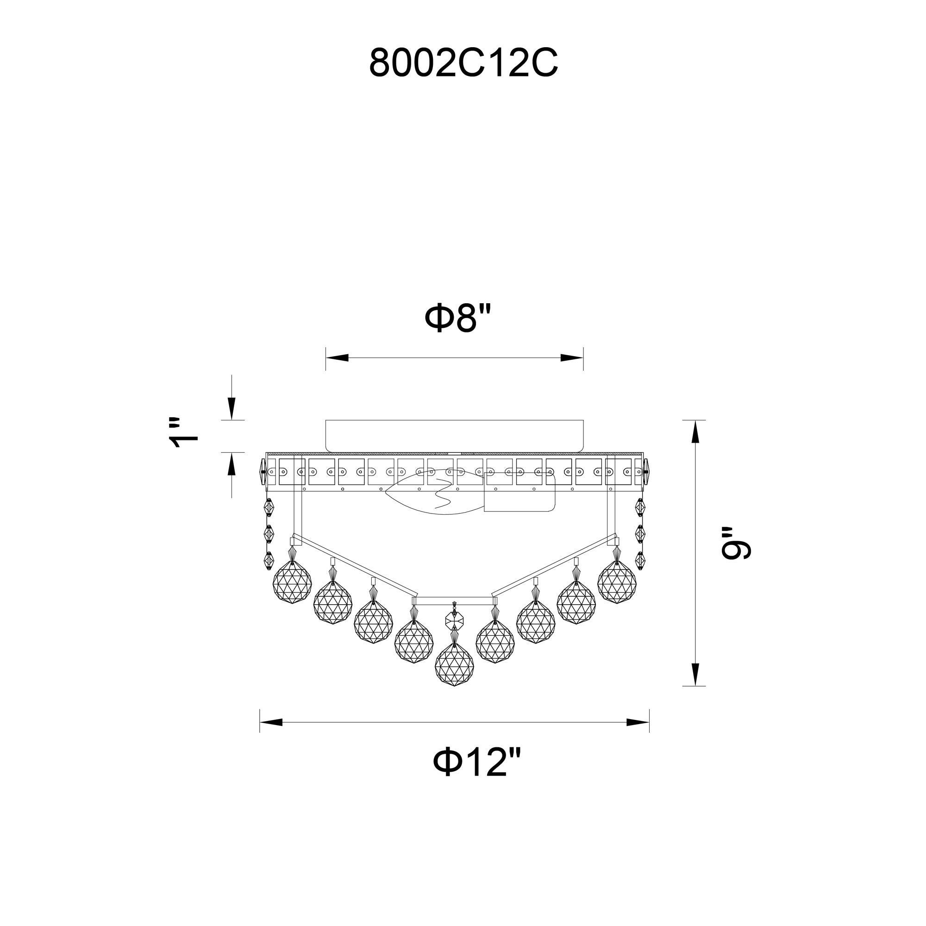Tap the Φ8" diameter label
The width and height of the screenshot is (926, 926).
click(x=458, y=318)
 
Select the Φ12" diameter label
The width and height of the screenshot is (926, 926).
click(x=476, y=763)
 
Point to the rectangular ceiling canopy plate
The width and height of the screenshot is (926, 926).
click(x=454, y=435)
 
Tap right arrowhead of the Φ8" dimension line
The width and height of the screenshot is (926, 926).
click(x=571, y=358)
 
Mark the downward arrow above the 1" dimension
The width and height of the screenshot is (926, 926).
click(x=231, y=410)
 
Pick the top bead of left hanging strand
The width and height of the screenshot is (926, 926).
click(x=269, y=507)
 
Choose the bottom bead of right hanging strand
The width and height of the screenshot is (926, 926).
click(x=640, y=560)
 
